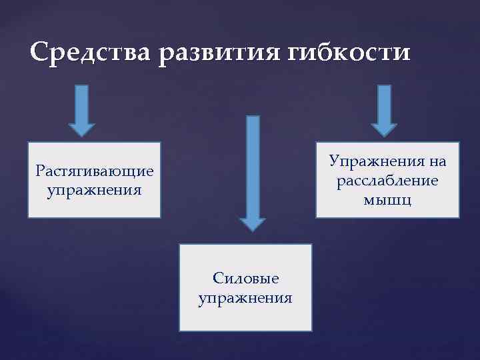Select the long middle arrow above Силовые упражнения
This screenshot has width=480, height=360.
tap(253, 167)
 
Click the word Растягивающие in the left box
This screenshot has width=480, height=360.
tap(95, 171)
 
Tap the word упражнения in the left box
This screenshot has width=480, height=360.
tap(95, 190)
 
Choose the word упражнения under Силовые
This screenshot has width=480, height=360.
tap(245, 297)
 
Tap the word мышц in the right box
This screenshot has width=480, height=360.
tap(388, 199)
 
